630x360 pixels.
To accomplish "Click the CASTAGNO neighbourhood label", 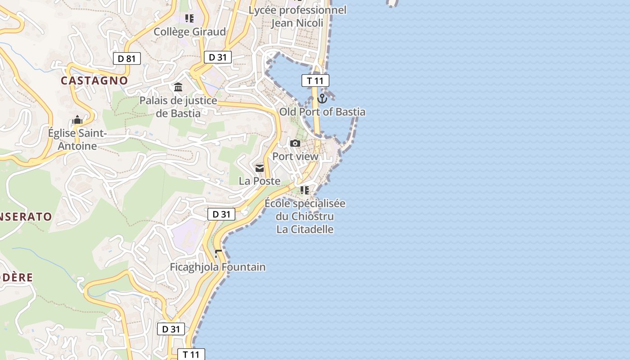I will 94,81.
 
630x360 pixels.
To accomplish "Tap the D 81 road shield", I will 126,58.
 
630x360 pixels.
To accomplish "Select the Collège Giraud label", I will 189,32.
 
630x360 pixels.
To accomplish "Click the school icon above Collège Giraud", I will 189,18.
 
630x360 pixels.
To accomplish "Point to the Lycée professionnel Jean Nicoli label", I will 297,17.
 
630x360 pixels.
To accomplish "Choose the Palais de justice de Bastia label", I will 178,107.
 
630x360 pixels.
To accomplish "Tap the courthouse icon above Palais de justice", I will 178,87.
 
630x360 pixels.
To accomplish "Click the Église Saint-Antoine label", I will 77,139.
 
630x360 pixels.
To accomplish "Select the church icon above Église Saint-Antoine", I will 77,120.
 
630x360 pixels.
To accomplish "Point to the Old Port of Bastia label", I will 322,112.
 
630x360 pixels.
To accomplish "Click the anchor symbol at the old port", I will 322,98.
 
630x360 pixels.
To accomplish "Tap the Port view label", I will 295,157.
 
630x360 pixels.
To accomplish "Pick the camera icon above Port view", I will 295,144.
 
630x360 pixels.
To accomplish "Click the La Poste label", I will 260,181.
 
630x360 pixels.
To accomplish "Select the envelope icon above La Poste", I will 260,168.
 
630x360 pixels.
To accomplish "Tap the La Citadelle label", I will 305,229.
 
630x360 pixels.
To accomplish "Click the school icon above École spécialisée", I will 305,190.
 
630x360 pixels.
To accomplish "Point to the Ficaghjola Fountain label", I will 217,267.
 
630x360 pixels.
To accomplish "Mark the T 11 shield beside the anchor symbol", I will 315,81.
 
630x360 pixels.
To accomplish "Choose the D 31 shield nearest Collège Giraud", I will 218,57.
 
